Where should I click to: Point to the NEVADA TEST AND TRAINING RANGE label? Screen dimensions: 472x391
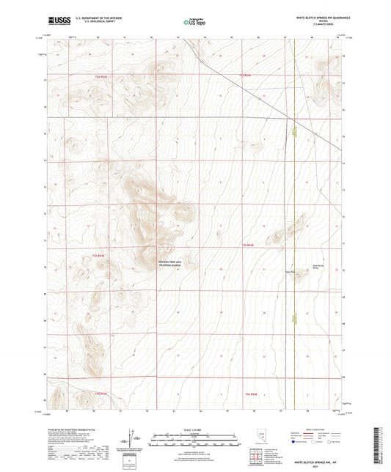click(x=148, y=263)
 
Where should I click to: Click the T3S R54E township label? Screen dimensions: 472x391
click(x=247, y=246)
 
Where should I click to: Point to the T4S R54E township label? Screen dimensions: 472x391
click(x=249, y=394)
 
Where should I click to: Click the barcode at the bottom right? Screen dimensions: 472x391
click(x=383, y=446)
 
